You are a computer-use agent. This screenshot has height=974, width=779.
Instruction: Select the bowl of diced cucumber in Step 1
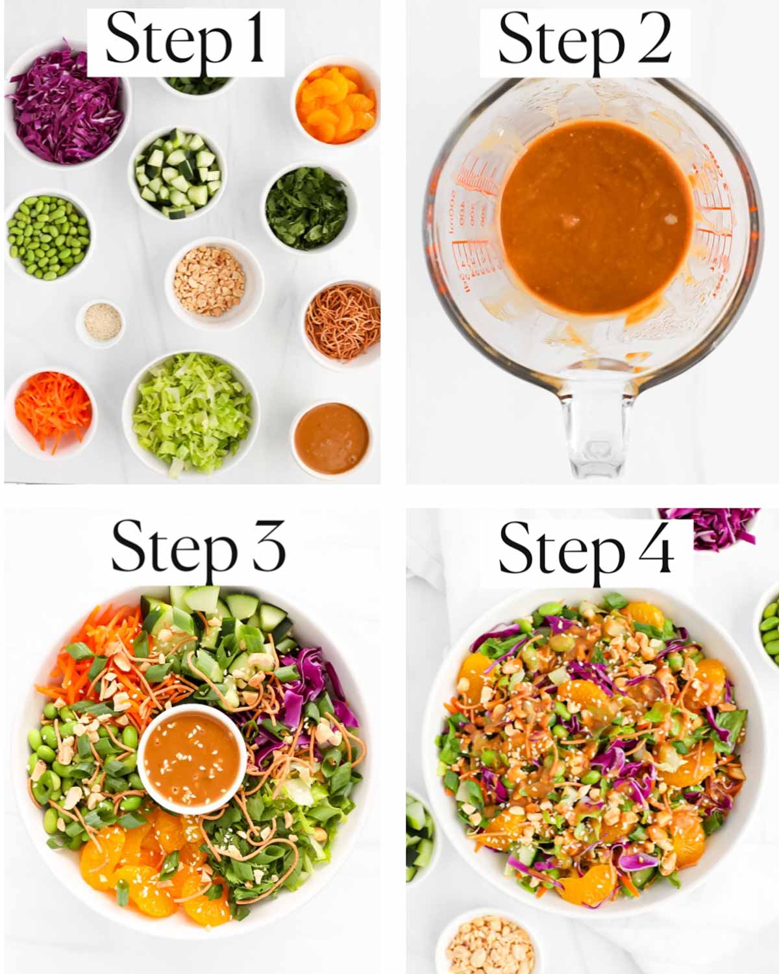pos(177,173)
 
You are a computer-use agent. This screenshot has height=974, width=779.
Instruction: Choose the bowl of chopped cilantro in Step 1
pos(307,208)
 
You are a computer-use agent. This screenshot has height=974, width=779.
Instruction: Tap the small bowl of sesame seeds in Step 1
pos(101,322)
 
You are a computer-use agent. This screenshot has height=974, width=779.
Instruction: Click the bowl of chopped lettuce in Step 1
pos(192,412)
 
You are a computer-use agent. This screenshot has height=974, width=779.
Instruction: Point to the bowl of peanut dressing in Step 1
pos(332,438)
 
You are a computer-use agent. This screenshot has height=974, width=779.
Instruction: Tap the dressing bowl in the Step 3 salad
pos(192,757)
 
